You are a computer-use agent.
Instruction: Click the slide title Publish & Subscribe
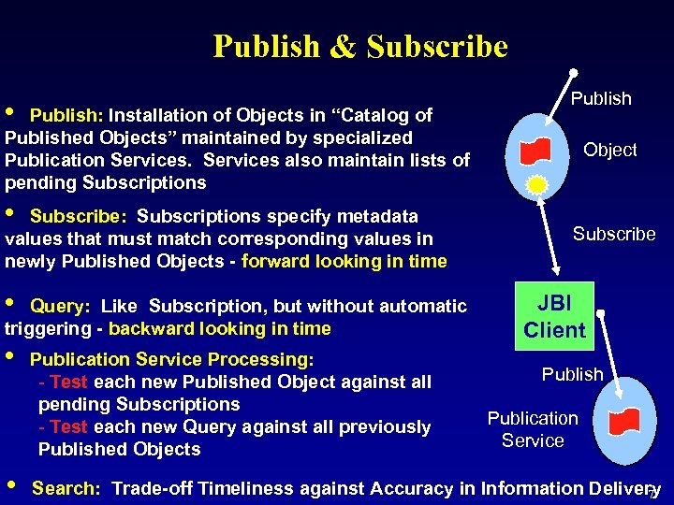[x=360, y=46]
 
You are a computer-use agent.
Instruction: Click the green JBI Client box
[x=554, y=316]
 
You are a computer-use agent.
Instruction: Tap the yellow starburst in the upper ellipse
[x=536, y=184]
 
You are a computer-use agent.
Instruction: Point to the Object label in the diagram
[x=609, y=150]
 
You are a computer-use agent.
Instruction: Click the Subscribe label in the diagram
[x=614, y=234]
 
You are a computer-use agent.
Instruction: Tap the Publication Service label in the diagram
[x=533, y=429]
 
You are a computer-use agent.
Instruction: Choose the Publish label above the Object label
[x=601, y=98]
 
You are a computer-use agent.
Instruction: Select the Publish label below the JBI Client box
[x=572, y=374]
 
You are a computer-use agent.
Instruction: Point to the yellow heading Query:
[x=61, y=306]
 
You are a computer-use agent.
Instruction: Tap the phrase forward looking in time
[x=344, y=261]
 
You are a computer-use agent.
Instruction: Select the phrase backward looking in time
[x=219, y=328]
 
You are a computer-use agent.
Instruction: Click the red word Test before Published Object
[x=68, y=382]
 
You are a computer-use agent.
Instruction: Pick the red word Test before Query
[x=68, y=426]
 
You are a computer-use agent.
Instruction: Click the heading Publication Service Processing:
[x=171, y=359]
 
